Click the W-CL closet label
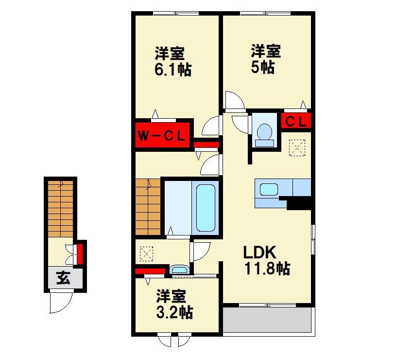162,137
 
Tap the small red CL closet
296,121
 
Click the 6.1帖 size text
173,69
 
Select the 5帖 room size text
263,67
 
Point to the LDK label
259,252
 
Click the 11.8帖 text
267,268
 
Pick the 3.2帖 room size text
175,312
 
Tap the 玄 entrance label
63,278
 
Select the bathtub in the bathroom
206,208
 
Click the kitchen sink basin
269,190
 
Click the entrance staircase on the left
61,209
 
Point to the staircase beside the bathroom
148,207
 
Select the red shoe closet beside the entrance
80,253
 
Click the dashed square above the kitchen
297,148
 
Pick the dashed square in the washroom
146,254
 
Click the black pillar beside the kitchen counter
299,203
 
